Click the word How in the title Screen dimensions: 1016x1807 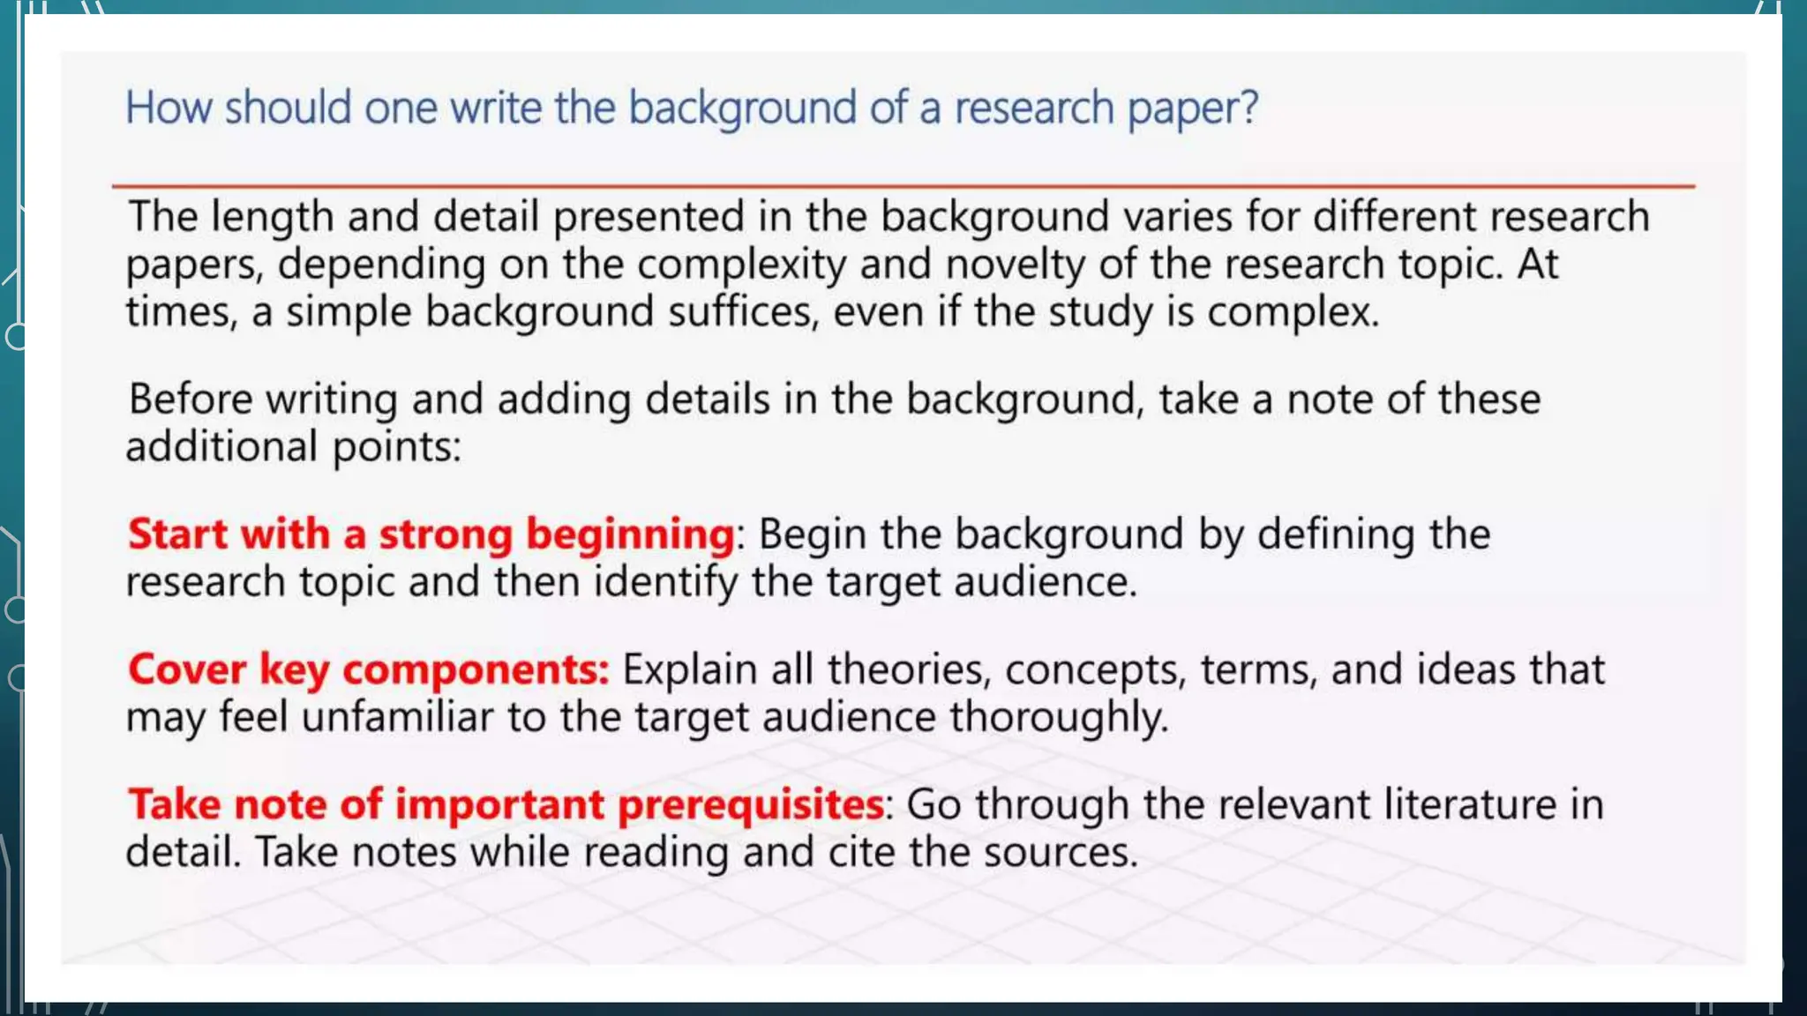(168, 108)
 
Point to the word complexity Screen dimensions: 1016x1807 (741, 265)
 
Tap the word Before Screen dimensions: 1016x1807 (191, 400)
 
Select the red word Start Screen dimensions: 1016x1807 (177, 534)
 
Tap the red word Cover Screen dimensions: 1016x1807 (186, 669)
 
